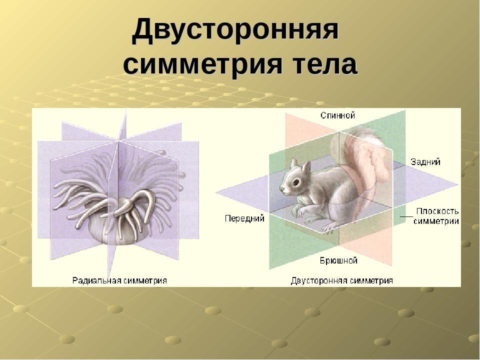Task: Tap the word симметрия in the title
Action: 202,64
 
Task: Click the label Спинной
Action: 337,115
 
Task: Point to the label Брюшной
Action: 338,260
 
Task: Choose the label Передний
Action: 244,218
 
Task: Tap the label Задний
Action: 425,161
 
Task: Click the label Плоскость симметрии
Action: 436,216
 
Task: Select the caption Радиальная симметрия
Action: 119,280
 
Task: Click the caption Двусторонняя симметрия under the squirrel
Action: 341,280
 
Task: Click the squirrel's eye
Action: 295,182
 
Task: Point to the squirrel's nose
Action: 282,189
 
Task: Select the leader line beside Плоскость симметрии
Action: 407,216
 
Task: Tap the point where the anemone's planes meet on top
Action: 118,141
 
